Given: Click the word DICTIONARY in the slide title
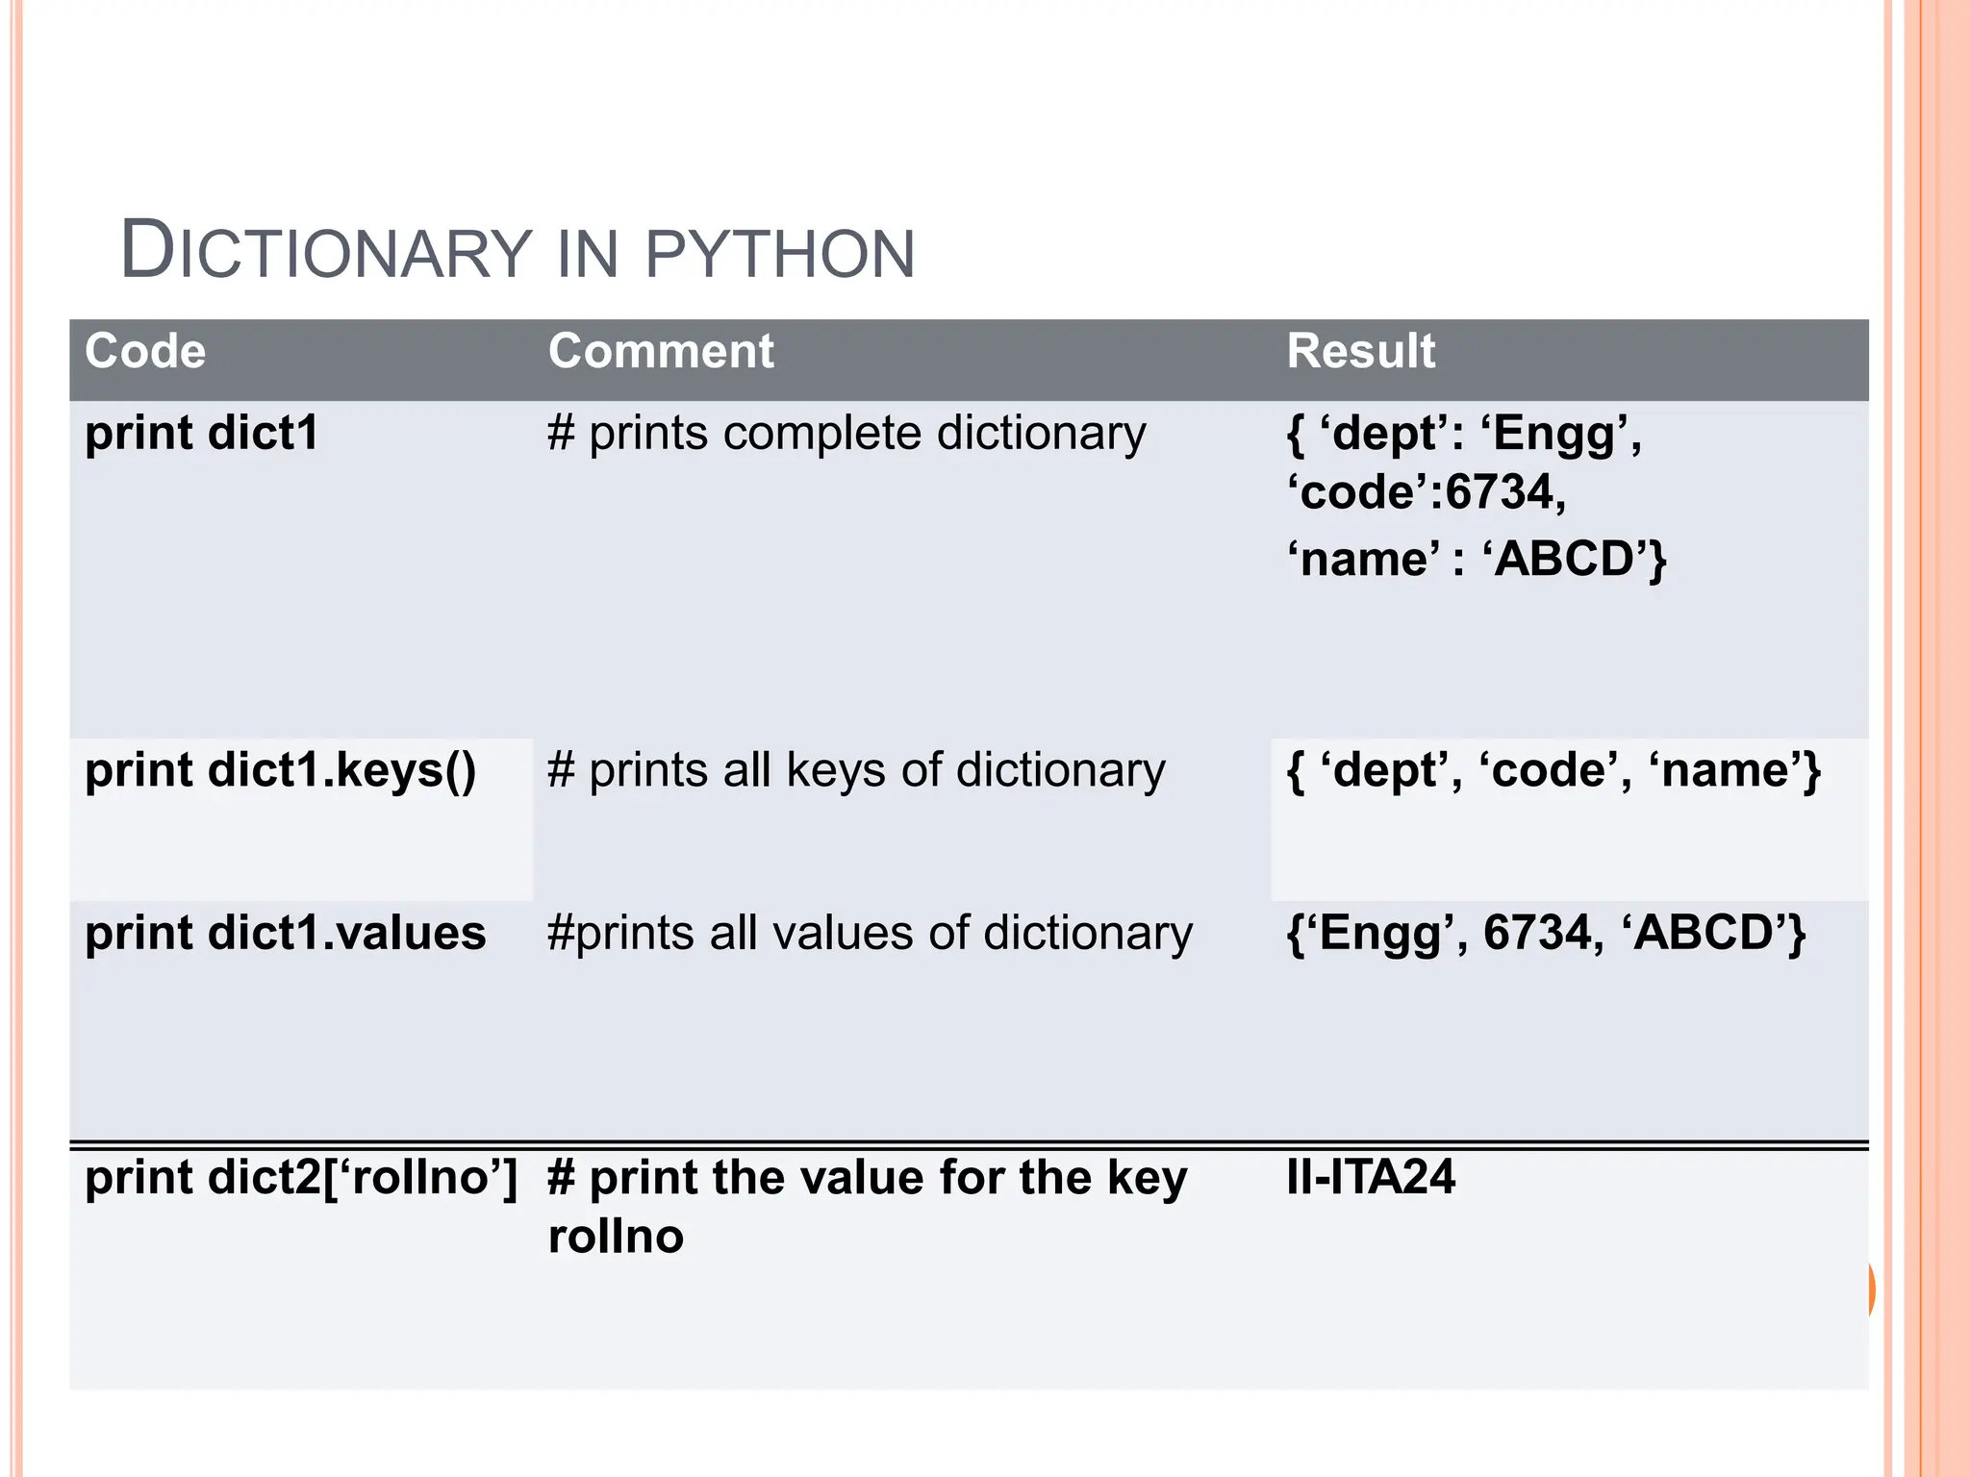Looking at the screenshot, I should click(326, 252).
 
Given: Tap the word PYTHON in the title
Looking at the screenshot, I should click(779, 254).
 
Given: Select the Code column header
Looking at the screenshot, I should click(145, 351).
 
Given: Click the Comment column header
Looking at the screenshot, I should click(661, 351).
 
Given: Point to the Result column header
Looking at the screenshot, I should click(1360, 351).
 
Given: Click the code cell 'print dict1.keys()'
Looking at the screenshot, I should click(280, 771).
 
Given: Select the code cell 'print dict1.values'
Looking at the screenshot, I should click(285, 934).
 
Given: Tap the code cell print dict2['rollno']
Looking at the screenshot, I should click(301, 1178).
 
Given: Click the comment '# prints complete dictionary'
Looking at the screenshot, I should click(846, 434).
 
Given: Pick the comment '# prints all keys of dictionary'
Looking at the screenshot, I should click(856, 771).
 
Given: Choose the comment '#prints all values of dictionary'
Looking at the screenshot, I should click(870, 934).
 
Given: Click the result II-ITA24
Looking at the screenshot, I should click(1371, 1178).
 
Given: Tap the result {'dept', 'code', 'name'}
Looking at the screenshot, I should click(1553, 771).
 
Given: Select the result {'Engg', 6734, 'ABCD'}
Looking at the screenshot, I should click(1546, 934).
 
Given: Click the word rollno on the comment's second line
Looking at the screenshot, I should click(616, 1237).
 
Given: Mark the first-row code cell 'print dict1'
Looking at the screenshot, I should click(201, 434).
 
